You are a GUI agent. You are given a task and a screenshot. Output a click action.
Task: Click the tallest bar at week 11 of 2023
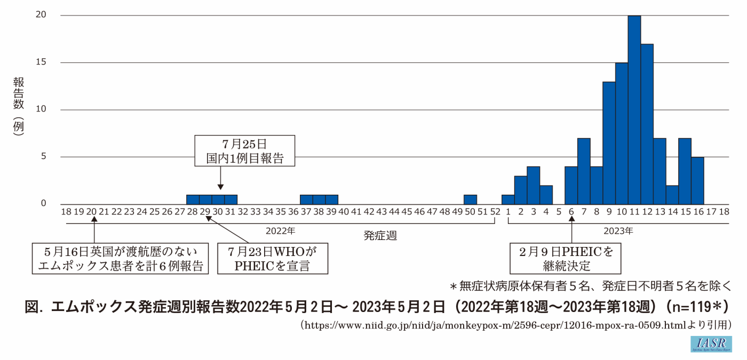(x=634, y=110)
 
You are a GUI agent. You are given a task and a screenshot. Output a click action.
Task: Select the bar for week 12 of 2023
(x=647, y=124)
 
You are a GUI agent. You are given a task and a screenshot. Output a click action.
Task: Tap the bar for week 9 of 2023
(x=609, y=143)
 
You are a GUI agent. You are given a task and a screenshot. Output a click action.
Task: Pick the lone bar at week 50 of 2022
(x=470, y=199)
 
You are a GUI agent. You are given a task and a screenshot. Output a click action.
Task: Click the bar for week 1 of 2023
(x=508, y=199)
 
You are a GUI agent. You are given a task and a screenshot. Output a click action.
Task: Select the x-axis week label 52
(x=495, y=212)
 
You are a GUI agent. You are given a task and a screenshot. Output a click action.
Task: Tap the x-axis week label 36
(x=293, y=212)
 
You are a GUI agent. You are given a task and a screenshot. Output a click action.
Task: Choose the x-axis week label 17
(x=710, y=212)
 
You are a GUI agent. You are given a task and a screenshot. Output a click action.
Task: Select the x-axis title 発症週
(x=380, y=235)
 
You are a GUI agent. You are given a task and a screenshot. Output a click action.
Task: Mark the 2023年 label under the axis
(x=618, y=231)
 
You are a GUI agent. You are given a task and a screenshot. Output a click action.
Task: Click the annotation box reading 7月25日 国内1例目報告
(x=244, y=151)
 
